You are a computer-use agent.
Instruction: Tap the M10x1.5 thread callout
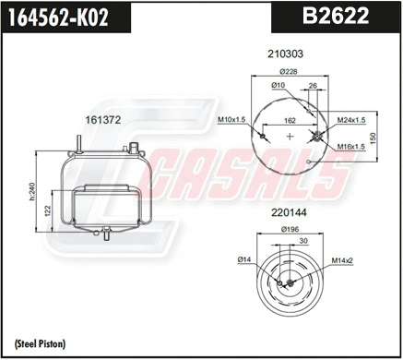(x=231, y=120)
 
